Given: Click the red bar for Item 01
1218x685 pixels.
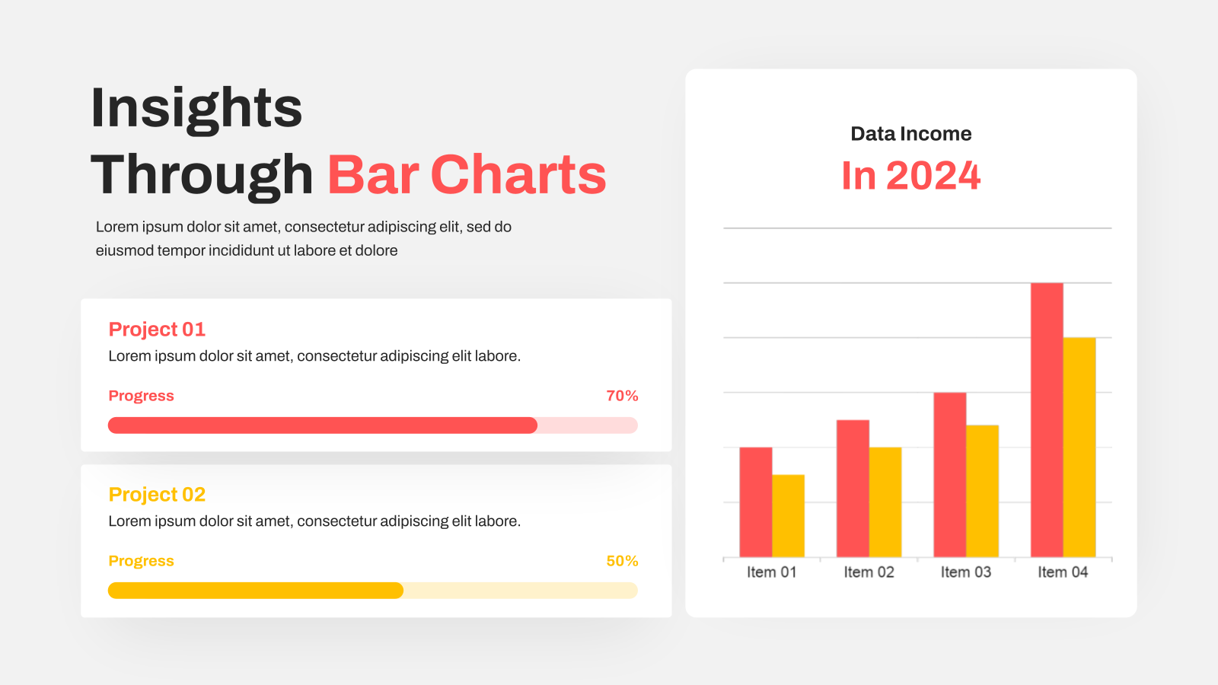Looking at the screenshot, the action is coord(756,502).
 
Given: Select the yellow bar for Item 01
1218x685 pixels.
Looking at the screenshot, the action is coord(789,516).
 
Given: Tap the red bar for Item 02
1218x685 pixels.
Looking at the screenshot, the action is coord(853,488).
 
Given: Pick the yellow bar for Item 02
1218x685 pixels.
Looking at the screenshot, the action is coord(885,502).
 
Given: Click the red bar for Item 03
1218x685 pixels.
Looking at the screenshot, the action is coord(950,475).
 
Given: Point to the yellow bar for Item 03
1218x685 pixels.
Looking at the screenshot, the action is coord(983,491).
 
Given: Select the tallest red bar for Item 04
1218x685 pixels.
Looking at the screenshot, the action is coord(1047,419).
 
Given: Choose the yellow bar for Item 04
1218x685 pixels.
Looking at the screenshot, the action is coord(1079,448).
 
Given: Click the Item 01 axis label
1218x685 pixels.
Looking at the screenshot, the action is coord(772,572).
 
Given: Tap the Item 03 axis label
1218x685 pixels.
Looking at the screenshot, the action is coord(966,572).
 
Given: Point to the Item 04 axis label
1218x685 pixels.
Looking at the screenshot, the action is coord(1063,572).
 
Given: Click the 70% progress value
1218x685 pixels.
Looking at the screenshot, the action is coord(622,396).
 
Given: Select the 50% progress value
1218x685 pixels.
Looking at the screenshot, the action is coord(622,561).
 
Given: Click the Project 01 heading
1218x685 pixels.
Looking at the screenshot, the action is coord(157,329).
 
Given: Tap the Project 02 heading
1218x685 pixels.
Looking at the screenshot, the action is coord(157,494).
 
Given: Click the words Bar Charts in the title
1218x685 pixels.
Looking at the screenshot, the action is coord(467,174).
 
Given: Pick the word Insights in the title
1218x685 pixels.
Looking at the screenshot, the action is coord(196,110).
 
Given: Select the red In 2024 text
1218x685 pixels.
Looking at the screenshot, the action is coord(910,176).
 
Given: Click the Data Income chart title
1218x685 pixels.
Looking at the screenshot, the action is coord(910,134).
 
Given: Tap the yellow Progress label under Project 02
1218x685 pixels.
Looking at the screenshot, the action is coord(141,561).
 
